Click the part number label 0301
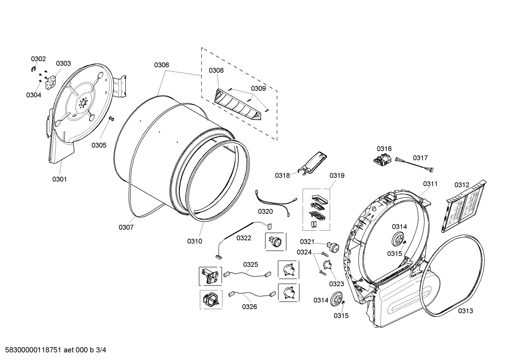pos(59,179)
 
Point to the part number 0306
pos(161,65)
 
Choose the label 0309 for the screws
pos(258,88)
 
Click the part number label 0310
pos(194,241)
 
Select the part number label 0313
pos(466,311)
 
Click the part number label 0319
pos(337,176)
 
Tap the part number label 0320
pos(265,211)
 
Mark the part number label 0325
pos(250,264)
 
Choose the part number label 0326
pos(249,307)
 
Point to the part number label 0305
pos(99,145)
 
